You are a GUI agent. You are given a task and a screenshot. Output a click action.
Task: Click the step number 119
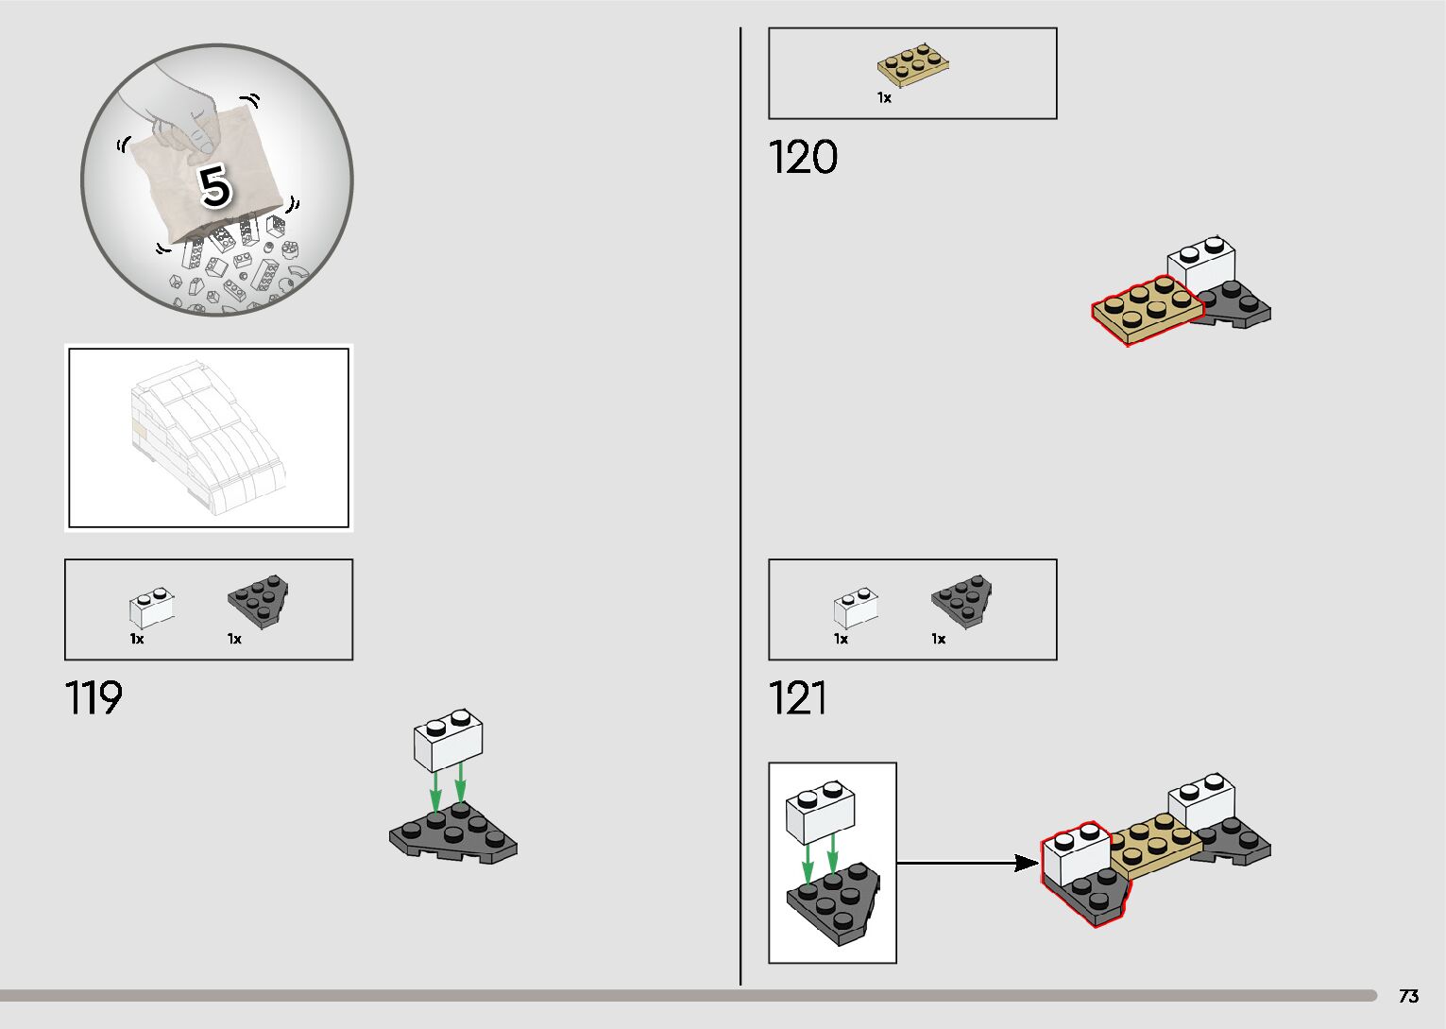94,698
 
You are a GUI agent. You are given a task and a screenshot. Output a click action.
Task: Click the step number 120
803,157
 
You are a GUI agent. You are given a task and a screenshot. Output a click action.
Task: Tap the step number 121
798,698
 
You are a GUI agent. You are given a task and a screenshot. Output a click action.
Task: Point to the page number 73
1408,996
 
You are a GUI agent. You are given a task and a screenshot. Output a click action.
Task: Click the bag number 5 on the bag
215,186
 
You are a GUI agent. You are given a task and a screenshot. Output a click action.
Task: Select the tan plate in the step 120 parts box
913,62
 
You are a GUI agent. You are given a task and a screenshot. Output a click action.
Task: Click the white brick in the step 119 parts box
151,609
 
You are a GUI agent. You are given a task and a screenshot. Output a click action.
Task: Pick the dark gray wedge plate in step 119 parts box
259,599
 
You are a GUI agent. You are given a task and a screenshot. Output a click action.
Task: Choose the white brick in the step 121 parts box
856,609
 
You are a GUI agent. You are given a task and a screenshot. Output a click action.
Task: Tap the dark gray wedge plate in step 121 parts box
962,600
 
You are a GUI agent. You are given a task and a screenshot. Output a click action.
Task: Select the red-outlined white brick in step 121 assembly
1077,854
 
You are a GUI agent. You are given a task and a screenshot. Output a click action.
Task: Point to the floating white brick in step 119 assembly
448,738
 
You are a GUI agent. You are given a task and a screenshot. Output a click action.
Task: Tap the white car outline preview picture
209,437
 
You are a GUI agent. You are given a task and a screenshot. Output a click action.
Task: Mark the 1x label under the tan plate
884,97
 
